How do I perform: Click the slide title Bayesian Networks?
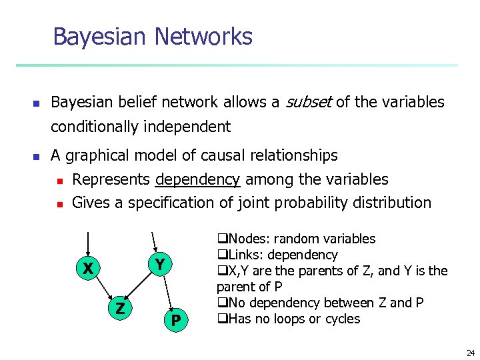tap(152, 36)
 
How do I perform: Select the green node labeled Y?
tap(159, 265)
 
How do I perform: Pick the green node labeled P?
tap(175, 321)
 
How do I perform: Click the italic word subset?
tap(309, 102)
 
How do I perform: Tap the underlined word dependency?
tap(197, 179)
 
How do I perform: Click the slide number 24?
tap(471, 353)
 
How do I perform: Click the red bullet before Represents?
tap(59, 181)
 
